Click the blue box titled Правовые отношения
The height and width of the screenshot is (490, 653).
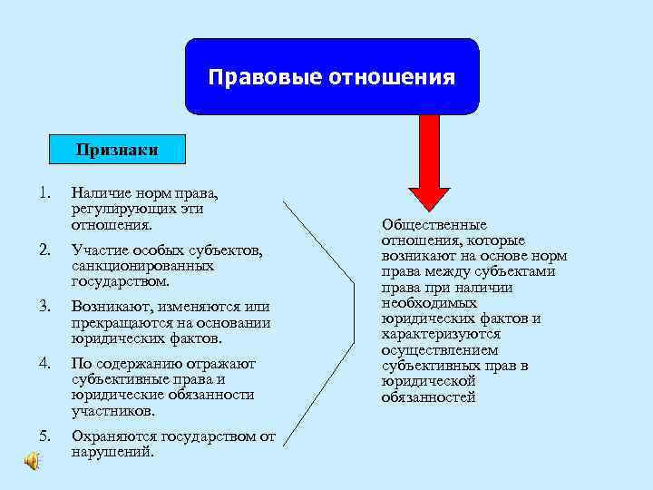[331, 76]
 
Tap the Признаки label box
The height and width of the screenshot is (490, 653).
[116, 150]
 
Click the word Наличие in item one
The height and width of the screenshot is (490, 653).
[100, 193]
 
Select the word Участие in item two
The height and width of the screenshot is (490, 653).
[99, 250]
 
